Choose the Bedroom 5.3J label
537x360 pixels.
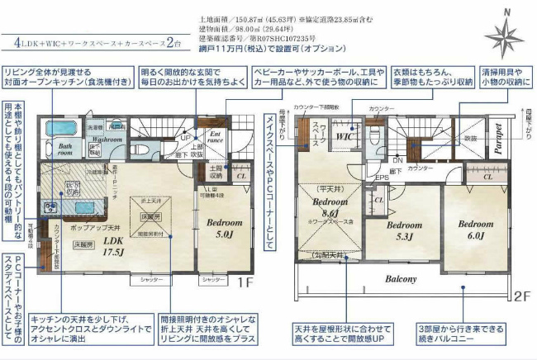404,230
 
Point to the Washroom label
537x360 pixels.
107,140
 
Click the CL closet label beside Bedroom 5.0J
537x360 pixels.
241,175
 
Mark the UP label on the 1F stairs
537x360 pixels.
187,138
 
